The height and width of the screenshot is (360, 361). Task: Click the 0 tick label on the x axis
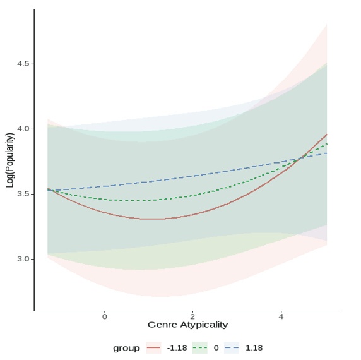click(x=105, y=315)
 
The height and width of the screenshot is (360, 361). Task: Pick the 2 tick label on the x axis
click(x=193, y=315)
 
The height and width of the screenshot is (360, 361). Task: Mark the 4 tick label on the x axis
click(x=281, y=315)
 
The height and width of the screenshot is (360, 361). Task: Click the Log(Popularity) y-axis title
click(x=10, y=160)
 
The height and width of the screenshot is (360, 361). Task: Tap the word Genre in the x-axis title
click(x=161, y=325)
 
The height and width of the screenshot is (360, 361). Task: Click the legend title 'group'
click(x=126, y=348)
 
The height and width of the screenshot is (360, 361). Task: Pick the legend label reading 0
click(x=215, y=348)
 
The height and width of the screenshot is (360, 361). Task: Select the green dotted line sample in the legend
click(x=199, y=348)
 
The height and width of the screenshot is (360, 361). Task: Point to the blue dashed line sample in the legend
click(x=232, y=348)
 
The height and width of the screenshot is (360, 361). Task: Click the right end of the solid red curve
click(x=327, y=134)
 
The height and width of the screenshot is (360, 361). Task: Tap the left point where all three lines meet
click(x=49, y=189)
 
